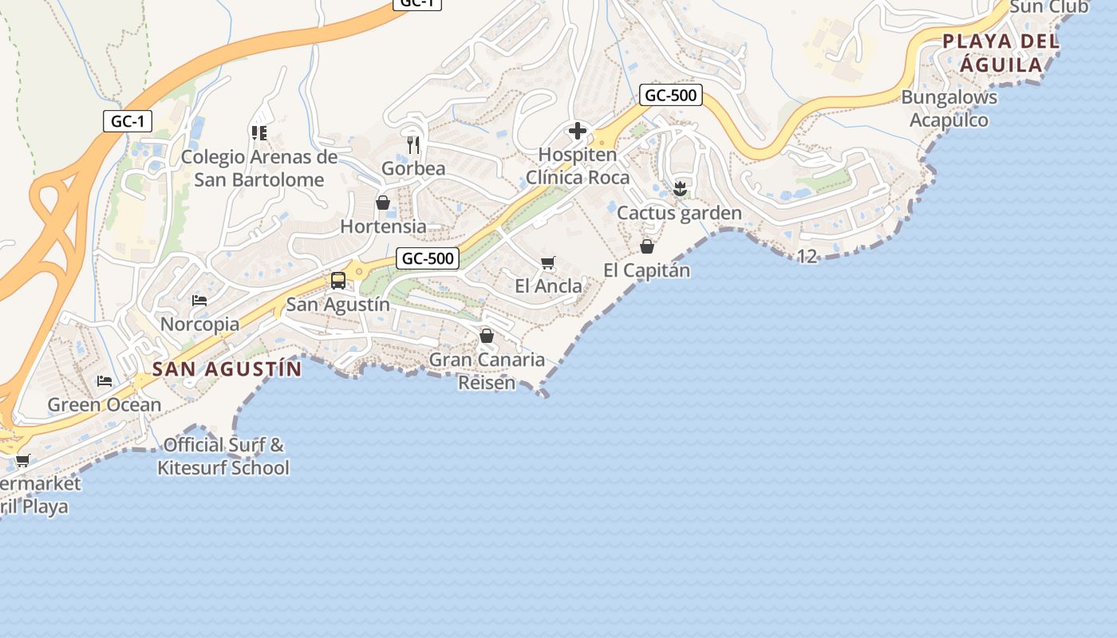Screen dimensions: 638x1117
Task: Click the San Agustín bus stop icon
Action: pyautogui.click(x=338, y=280)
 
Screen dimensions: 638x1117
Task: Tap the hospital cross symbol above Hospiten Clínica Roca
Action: pyautogui.click(x=578, y=131)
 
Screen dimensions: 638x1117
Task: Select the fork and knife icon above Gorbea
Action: pyautogui.click(x=412, y=144)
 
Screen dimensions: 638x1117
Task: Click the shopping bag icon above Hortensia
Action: pyautogui.click(x=383, y=203)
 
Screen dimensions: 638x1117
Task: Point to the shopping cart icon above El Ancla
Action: pyautogui.click(x=547, y=262)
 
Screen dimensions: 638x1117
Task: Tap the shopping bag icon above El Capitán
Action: pyautogui.click(x=647, y=246)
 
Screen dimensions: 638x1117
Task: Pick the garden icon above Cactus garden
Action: pyautogui.click(x=680, y=189)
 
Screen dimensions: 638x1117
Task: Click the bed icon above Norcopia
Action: pyautogui.click(x=199, y=301)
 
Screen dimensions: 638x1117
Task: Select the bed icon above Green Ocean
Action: pyautogui.click(x=105, y=381)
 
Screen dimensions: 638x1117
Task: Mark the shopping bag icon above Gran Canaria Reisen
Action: pyautogui.click(x=487, y=337)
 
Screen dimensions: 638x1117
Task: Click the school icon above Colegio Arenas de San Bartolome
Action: pyautogui.click(x=259, y=132)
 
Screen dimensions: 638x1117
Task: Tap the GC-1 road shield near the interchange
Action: pyautogui.click(x=128, y=121)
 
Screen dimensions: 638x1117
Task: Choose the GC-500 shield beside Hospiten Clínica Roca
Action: pyautogui.click(x=671, y=96)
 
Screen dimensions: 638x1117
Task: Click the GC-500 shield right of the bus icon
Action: pyautogui.click(x=428, y=258)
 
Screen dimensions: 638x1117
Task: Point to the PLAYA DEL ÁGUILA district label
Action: pyautogui.click(x=1001, y=53)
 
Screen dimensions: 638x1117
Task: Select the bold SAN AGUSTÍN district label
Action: pyautogui.click(x=227, y=369)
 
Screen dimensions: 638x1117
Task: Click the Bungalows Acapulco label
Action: pyautogui.click(x=949, y=108)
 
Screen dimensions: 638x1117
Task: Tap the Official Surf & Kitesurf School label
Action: pyautogui.click(x=223, y=456)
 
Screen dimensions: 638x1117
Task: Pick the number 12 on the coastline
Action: pyautogui.click(x=807, y=256)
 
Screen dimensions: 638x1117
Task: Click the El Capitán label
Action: pyautogui.click(x=647, y=270)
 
